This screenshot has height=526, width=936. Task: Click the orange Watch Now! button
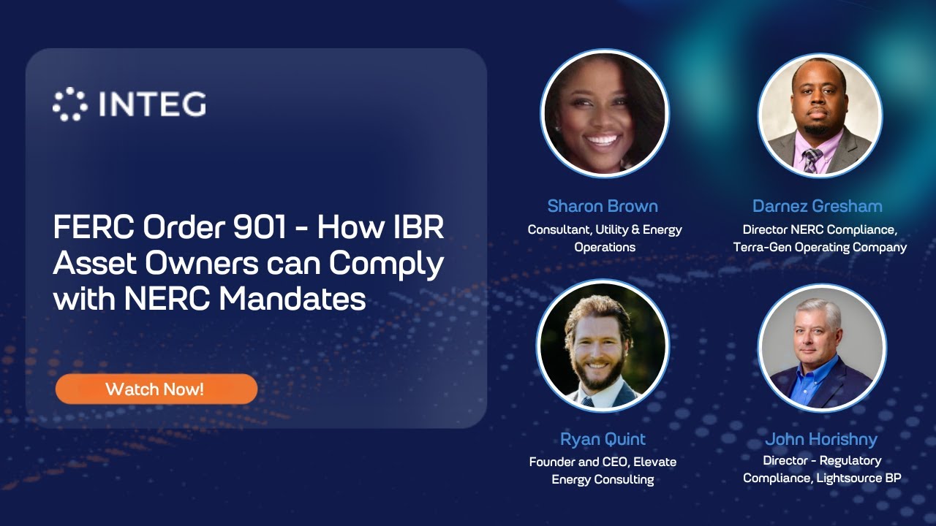(156, 389)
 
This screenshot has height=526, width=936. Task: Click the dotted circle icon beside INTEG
(70, 104)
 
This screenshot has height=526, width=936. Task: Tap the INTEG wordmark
(152, 104)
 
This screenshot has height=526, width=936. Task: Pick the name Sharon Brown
(603, 206)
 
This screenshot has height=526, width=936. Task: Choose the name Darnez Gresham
(818, 206)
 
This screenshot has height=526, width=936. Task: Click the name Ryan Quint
(603, 439)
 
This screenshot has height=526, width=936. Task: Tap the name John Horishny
(820, 439)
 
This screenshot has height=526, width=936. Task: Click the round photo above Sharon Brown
(604, 113)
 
